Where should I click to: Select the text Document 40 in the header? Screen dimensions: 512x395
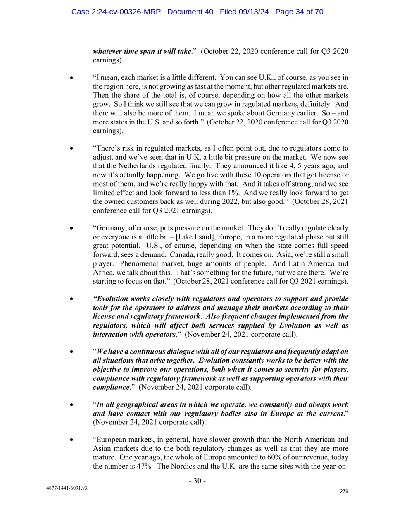(190, 12)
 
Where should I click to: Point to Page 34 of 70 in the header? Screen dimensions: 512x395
(299, 12)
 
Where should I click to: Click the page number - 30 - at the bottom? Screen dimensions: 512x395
(197, 480)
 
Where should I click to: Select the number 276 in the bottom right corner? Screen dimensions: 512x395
(344, 491)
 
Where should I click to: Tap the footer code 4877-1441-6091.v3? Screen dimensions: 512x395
(67, 488)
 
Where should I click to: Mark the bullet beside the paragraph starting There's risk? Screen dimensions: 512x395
(72, 148)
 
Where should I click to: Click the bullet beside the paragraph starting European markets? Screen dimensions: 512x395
(72, 440)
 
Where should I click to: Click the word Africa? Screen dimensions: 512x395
(104, 273)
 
